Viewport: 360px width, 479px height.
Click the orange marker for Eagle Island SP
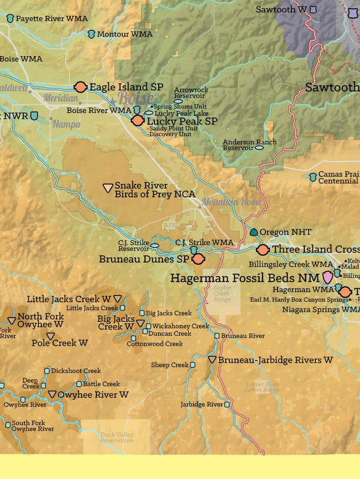(81, 87)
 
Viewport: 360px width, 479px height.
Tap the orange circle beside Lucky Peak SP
(138, 120)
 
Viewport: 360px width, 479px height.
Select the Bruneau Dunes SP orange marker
(198, 259)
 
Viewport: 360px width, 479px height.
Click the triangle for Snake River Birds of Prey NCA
(108, 188)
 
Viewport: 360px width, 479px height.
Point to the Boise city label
(136, 98)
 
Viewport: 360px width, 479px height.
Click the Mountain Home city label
(232, 202)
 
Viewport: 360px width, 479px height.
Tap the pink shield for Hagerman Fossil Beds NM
(327, 277)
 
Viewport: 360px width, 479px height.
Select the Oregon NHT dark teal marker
(254, 232)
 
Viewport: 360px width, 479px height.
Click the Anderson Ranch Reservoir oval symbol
(259, 148)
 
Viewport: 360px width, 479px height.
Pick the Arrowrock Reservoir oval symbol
(178, 101)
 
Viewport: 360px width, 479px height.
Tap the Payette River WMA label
(51, 18)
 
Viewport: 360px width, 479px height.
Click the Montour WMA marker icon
(92, 34)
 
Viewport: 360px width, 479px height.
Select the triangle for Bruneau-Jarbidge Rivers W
(212, 359)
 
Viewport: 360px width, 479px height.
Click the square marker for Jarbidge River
(227, 404)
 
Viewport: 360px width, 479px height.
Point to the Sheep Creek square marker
(193, 365)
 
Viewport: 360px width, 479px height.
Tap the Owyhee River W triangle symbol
(53, 394)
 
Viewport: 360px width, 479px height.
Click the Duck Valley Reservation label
(116, 437)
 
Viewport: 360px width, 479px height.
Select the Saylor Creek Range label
(222, 294)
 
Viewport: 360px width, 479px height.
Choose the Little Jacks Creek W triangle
(117, 298)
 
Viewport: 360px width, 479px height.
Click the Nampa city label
(66, 124)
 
